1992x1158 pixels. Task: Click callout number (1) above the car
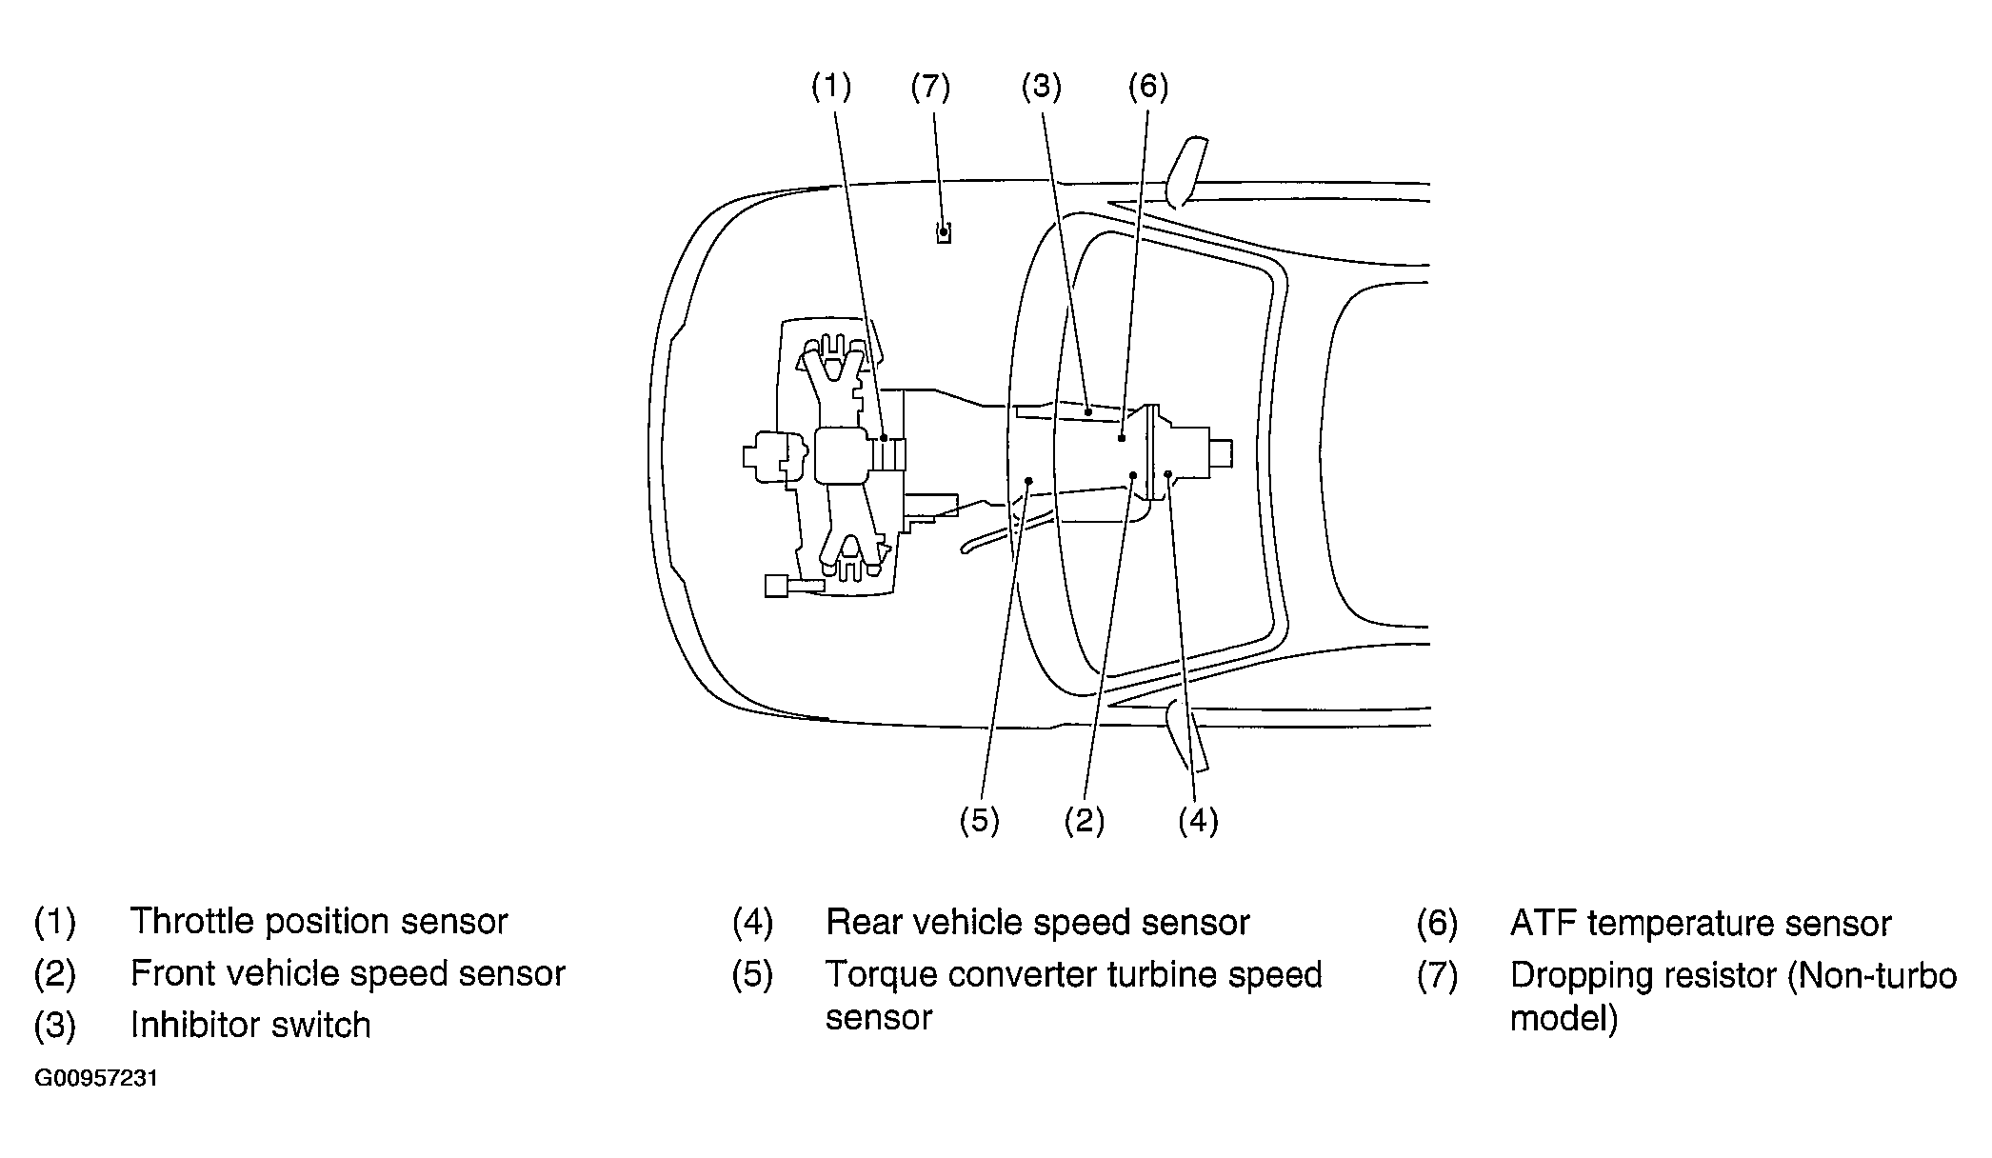tap(830, 87)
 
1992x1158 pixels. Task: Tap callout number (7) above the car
tap(930, 87)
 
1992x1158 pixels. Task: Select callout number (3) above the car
tap(1041, 87)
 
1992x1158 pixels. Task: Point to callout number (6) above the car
tap(1147, 87)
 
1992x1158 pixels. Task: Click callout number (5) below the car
tap(979, 820)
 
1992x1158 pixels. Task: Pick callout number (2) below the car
tap(1084, 820)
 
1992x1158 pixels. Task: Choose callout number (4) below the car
tap(1198, 820)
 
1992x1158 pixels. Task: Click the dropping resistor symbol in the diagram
tap(943, 232)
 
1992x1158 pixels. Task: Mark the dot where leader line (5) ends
tap(1029, 481)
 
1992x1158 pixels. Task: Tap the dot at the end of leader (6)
tap(1123, 438)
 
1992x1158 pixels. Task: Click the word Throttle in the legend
tap(192, 921)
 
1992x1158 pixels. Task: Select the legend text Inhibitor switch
tap(250, 1025)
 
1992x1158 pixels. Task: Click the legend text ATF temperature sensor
tap(1701, 923)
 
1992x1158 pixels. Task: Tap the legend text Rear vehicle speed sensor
tap(1038, 922)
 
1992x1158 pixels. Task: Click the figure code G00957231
tap(96, 1079)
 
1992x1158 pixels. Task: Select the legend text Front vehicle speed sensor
tap(348, 973)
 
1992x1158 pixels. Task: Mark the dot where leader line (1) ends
tap(885, 438)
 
